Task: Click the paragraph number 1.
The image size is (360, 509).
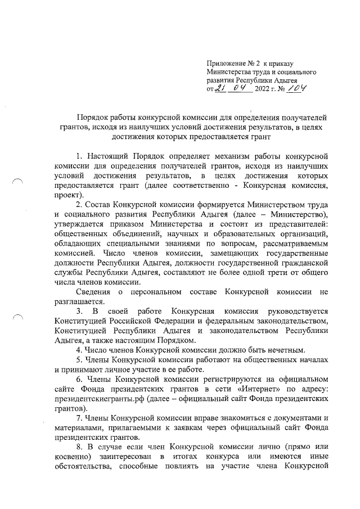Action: point(78,155)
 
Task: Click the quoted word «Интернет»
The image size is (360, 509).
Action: point(249,390)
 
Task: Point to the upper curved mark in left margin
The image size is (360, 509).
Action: point(18,180)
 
